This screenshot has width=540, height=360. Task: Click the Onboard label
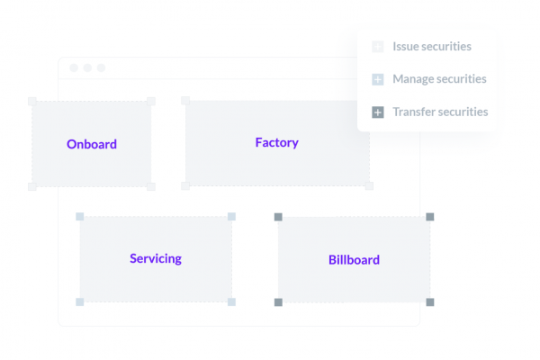click(92, 144)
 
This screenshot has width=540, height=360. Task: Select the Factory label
click(277, 142)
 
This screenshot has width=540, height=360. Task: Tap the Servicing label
click(156, 258)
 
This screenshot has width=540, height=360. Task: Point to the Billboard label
click(354, 260)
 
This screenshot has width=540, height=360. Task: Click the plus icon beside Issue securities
click(378, 47)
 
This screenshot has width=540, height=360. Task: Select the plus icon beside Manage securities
click(378, 79)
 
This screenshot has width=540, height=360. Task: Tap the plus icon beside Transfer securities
click(378, 112)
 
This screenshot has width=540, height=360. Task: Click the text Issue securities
click(432, 46)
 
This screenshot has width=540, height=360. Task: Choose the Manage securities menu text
click(439, 79)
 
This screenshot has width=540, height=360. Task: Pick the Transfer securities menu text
click(440, 112)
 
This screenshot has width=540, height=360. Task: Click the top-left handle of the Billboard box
click(278, 217)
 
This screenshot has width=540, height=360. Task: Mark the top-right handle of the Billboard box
click(430, 217)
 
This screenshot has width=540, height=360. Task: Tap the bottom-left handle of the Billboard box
click(278, 302)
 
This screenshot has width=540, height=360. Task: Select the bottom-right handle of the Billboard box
click(430, 302)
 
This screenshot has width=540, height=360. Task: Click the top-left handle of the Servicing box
click(79, 216)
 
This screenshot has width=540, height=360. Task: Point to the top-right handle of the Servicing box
click(232, 216)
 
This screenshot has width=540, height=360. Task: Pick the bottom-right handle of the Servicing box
click(232, 301)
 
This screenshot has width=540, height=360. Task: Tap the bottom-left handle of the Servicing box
click(79, 301)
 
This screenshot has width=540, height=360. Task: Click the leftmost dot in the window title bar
click(74, 67)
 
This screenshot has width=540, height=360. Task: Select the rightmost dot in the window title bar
click(101, 67)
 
